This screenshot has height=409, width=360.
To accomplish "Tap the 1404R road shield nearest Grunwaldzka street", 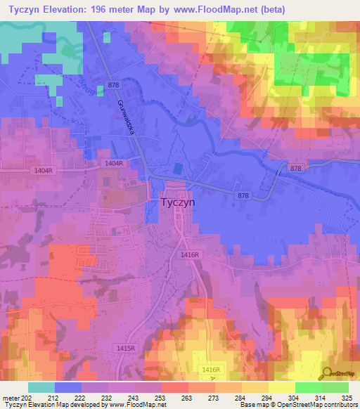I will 113,163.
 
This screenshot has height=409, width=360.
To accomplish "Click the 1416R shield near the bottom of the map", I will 211,369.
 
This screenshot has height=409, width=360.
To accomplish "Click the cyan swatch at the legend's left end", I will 41,387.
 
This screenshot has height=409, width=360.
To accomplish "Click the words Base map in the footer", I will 252,405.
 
